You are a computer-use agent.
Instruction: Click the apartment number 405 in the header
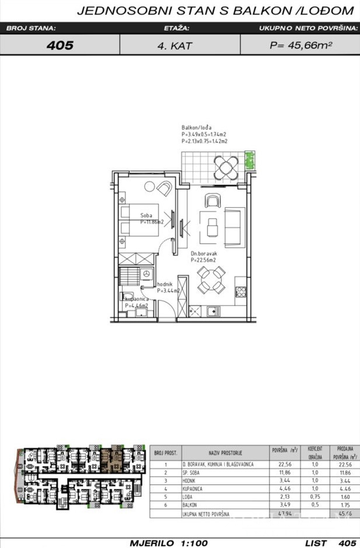coord(60,45)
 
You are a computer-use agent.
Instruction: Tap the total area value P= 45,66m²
coord(301,45)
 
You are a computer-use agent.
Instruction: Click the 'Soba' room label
coord(146,216)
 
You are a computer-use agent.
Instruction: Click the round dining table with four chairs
coord(210,281)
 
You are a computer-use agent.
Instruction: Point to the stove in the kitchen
coord(240,292)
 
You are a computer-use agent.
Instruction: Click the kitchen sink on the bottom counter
coord(211,310)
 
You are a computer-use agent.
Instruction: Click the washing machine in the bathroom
coord(147,274)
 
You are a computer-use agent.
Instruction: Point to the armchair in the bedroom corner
coord(164,188)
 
